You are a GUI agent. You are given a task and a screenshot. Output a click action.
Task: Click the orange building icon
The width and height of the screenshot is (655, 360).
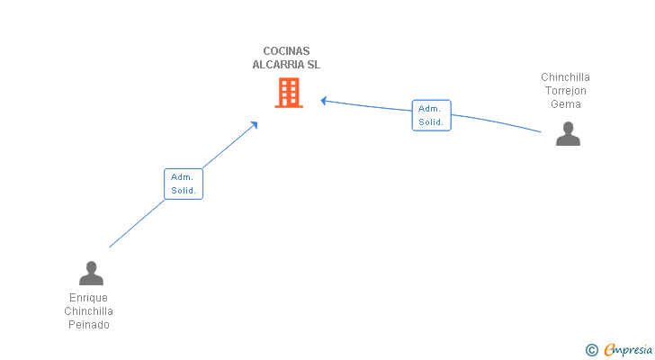pyautogui.click(x=289, y=93)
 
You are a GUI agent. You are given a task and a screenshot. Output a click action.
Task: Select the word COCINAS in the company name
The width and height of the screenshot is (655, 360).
pyautogui.click(x=286, y=51)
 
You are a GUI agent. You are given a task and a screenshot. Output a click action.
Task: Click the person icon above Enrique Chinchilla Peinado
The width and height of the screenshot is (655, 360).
pyautogui.click(x=91, y=273)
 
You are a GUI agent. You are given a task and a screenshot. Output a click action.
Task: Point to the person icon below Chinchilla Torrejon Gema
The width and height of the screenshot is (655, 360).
pyautogui.click(x=568, y=133)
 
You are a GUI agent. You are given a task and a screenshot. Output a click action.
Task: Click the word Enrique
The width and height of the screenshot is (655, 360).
pyautogui.click(x=88, y=297)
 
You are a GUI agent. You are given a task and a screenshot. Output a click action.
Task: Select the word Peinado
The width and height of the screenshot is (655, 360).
pyautogui.click(x=89, y=325)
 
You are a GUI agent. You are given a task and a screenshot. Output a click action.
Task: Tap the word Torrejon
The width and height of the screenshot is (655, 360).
pyautogui.click(x=566, y=91)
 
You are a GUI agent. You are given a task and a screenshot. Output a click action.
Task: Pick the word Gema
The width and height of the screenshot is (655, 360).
pyautogui.click(x=566, y=104)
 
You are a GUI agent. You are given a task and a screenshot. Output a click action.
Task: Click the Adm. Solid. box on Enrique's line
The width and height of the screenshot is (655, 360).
pyautogui.click(x=184, y=184)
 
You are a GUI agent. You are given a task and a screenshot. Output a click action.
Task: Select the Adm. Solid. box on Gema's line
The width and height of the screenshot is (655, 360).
pyautogui.click(x=432, y=115)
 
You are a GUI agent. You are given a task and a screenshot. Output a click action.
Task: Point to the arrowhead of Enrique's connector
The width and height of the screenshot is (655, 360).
pyautogui.click(x=254, y=124)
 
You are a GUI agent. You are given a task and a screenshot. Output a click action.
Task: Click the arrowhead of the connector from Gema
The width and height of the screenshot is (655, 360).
pyautogui.click(x=323, y=101)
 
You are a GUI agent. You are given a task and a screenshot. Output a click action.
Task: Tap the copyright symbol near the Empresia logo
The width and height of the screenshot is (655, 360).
pyautogui.click(x=591, y=350)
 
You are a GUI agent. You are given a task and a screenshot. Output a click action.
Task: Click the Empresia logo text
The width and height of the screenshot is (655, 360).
pyautogui.click(x=628, y=350)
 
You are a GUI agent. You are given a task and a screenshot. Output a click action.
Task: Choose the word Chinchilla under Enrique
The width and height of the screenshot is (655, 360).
pyautogui.click(x=88, y=311)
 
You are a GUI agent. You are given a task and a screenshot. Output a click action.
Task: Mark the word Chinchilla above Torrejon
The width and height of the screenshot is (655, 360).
pyautogui.click(x=566, y=77)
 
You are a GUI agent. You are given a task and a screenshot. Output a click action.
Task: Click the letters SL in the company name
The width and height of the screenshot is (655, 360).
pyautogui.click(x=313, y=64)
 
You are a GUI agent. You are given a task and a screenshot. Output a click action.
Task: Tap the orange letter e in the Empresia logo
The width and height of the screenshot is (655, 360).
pyautogui.click(x=610, y=350)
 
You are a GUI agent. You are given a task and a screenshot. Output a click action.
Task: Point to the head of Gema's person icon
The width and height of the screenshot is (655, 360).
pyautogui.click(x=568, y=127)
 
